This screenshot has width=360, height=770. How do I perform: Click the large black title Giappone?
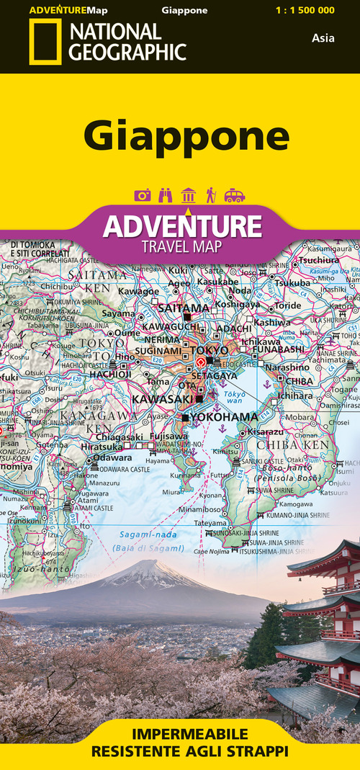(x=186, y=135)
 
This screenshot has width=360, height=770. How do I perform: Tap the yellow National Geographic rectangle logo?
(x=45, y=42)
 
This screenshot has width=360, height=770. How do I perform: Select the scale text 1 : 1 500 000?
(x=305, y=10)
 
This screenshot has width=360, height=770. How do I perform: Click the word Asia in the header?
(x=323, y=38)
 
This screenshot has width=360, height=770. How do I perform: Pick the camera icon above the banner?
(x=143, y=195)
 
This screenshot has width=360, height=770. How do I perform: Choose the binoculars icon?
(x=166, y=195)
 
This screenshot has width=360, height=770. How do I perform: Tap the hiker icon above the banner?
(x=211, y=195)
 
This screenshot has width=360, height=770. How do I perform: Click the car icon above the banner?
(x=235, y=195)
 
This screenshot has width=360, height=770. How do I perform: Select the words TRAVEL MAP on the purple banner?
(x=182, y=246)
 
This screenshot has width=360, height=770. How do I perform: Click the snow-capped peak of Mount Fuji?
(x=149, y=566)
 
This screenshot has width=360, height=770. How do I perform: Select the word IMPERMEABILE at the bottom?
(x=181, y=734)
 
